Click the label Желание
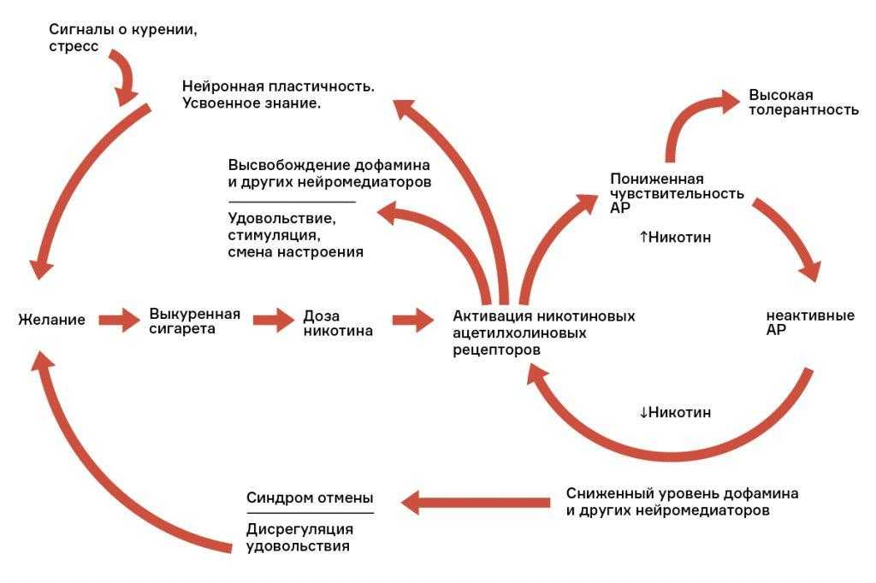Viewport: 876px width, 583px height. tap(51, 320)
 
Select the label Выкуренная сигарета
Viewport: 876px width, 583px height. tap(194, 321)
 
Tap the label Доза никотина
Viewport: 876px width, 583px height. tap(338, 323)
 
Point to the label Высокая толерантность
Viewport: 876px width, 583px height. tap(803, 103)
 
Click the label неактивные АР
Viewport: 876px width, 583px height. tap(810, 322)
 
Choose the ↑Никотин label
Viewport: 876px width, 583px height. tap(676, 238)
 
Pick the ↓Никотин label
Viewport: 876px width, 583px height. tap(676, 412)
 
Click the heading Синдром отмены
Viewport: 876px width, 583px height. tap(310, 498)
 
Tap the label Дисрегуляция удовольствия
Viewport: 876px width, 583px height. tap(299, 537)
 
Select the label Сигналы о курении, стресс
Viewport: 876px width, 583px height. tap(123, 38)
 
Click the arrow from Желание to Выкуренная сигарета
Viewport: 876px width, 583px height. tap(119, 320)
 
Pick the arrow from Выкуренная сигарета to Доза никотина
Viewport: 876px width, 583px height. tap(273, 320)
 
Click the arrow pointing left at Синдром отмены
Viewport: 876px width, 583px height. tap(476, 503)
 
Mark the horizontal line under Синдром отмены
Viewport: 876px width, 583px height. tap(310, 513)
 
